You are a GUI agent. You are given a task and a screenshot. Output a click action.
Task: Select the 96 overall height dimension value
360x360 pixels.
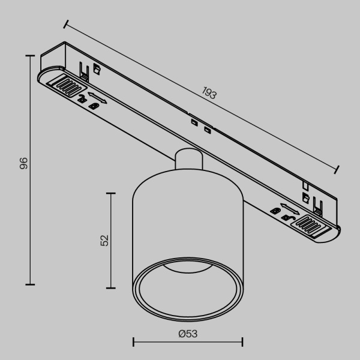coord(23,163)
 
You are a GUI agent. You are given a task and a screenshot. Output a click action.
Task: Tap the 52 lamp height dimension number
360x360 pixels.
coord(104,240)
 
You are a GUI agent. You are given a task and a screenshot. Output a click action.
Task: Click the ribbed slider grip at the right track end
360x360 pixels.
coord(313,226)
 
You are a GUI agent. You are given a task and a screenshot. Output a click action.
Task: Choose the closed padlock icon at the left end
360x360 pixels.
coord(94,106)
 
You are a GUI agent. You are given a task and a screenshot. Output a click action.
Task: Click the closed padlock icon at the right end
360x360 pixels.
coord(275,210)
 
